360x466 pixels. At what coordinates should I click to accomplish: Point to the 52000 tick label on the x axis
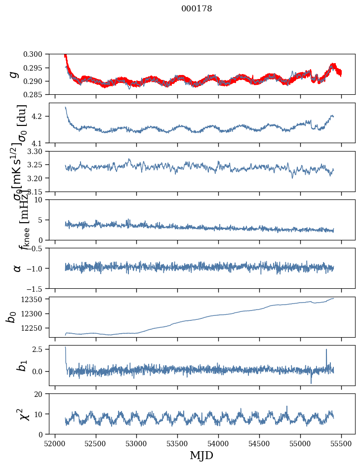pos(55,443)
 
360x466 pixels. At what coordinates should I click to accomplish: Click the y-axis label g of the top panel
pos(15,74)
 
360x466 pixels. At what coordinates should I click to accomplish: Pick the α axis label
pos(17,268)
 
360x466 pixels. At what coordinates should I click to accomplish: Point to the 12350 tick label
pos(35,299)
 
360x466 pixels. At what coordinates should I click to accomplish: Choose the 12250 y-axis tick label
pos(35,328)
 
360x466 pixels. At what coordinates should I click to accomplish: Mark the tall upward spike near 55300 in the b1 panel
pos(326,350)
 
